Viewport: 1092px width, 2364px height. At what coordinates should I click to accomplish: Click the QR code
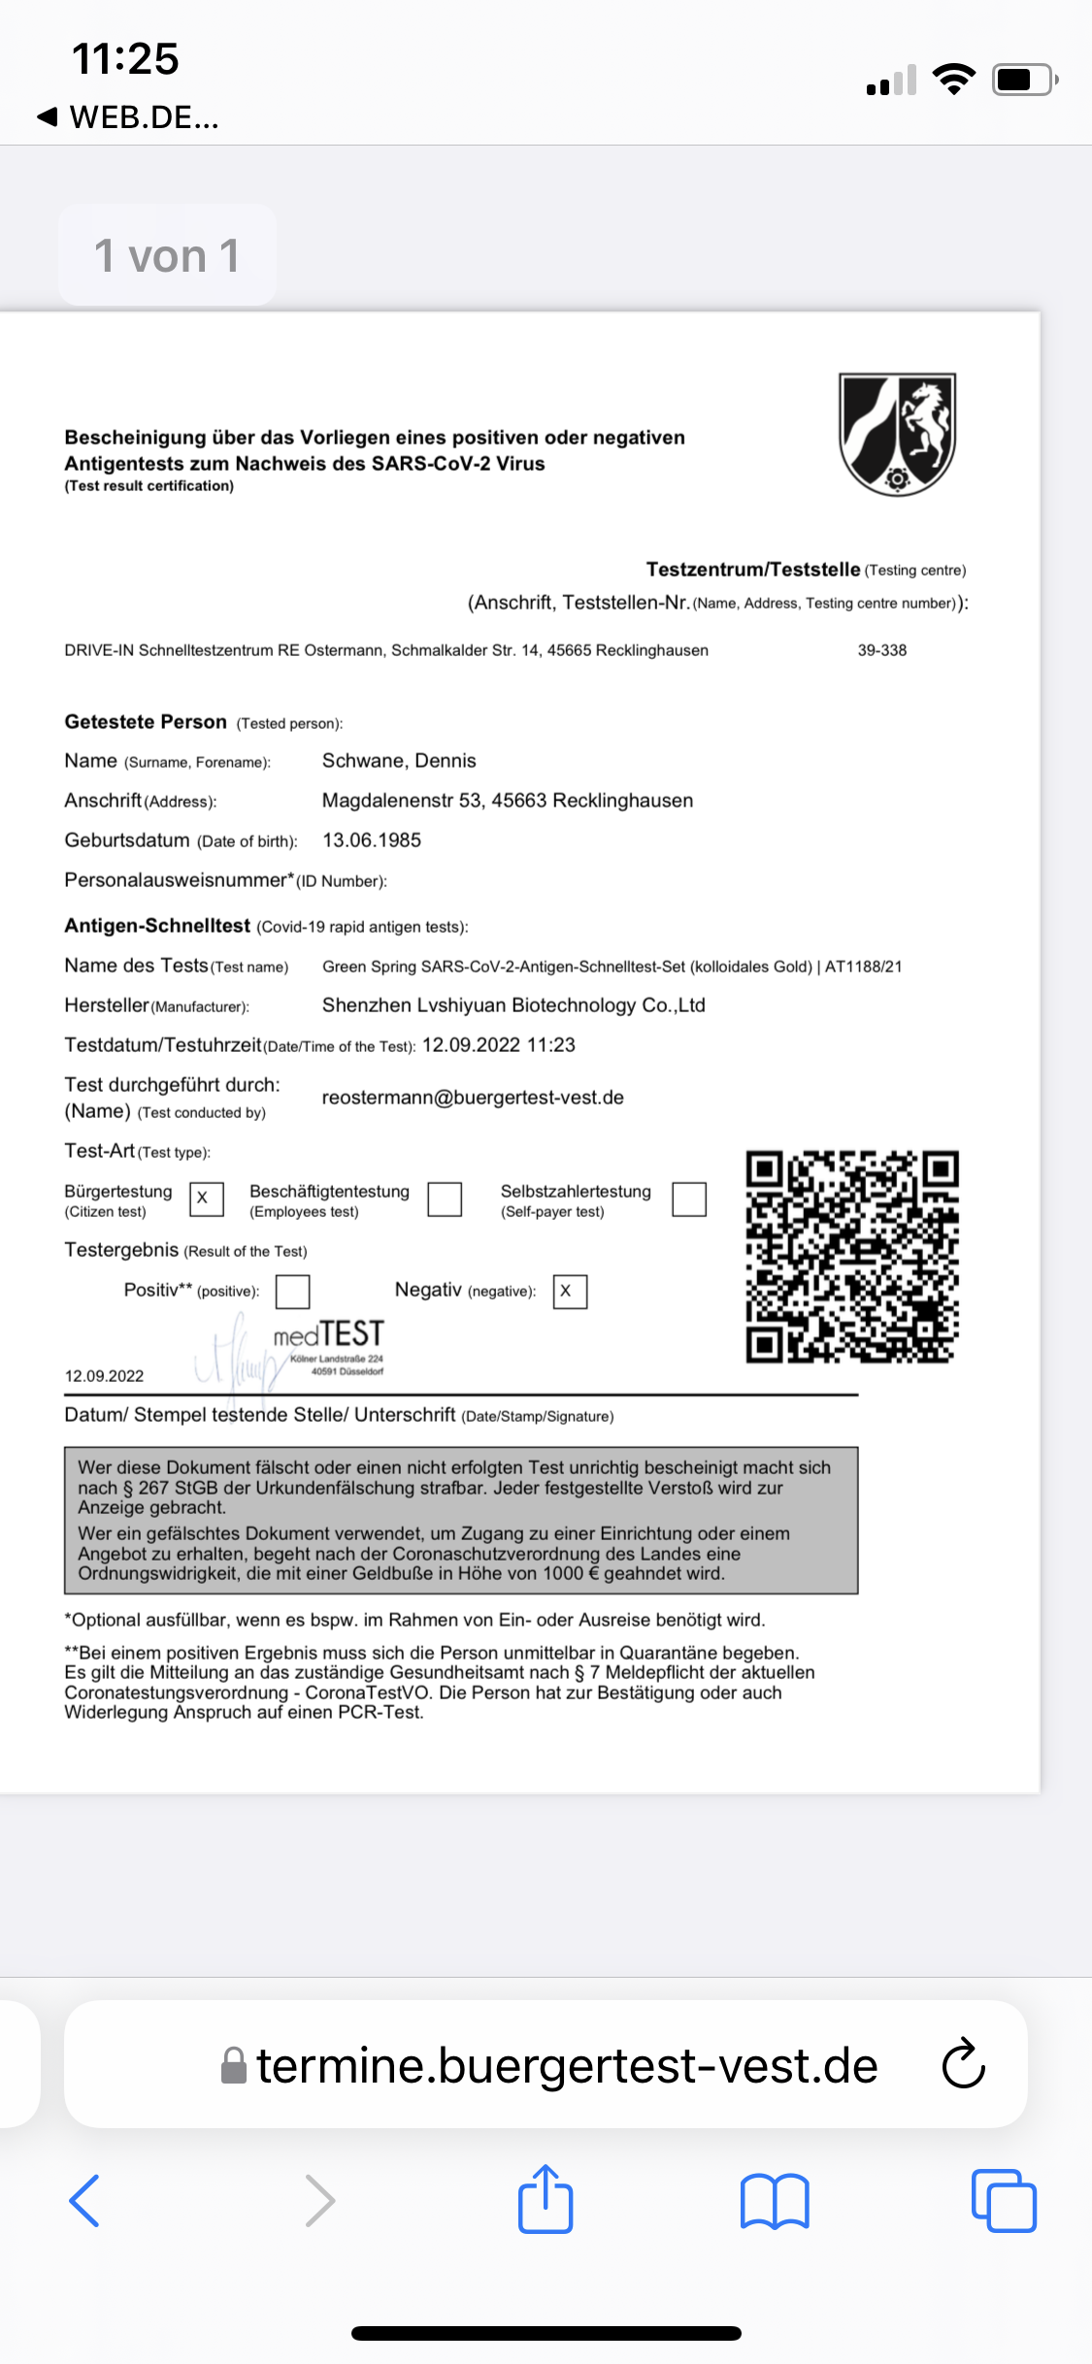[852, 1257]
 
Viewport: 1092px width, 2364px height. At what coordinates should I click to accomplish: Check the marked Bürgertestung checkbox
[206, 1198]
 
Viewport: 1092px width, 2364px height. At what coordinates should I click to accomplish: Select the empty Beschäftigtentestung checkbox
[445, 1198]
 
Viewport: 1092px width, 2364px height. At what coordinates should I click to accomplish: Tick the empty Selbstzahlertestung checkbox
[689, 1198]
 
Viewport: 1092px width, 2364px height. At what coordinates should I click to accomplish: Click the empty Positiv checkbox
[292, 1292]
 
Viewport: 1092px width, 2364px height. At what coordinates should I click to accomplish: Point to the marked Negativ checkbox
[570, 1292]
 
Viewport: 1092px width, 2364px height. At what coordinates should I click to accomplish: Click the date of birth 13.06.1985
[372, 840]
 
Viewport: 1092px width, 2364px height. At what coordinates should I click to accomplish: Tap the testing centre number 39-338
[881, 650]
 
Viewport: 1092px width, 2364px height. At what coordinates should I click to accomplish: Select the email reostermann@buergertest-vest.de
[473, 1098]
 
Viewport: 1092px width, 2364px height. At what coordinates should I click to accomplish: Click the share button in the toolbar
[546, 2200]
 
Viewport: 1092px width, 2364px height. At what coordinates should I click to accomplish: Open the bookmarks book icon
[774, 2200]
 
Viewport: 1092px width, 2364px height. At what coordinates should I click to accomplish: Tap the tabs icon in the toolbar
[1004, 2200]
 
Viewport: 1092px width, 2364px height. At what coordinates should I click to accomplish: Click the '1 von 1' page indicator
[167, 256]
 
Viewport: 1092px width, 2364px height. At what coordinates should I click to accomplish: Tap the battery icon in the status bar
[1023, 80]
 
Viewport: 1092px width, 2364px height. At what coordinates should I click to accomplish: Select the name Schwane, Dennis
[399, 761]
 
